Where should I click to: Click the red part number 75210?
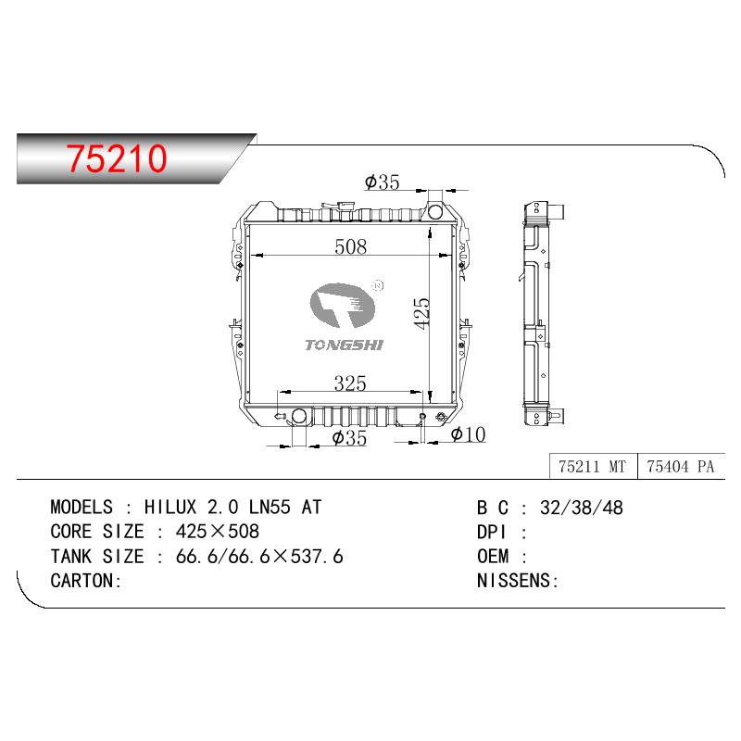pyautogui.click(x=117, y=158)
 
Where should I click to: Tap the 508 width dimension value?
pyautogui.click(x=350, y=246)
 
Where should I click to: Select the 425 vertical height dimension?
pyautogui.click(x=421, y=313)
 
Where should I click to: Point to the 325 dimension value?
pyautogui.click(x=350, y=383)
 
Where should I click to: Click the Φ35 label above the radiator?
pyautogui.click(x=383, y=182)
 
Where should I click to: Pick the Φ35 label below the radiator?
pyautogui.click(x=349, y=438)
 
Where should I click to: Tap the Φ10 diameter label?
pyautogui.click(x=469, y=434)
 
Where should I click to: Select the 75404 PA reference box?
pyautogui.click(x=681, y=467)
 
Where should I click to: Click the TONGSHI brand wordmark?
pyautogui.click(x=344, y=345)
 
